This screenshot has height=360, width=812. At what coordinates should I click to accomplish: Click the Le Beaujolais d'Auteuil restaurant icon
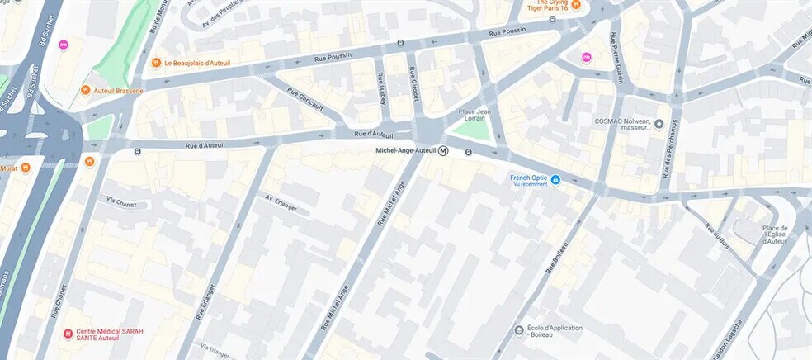(x=155, y=63)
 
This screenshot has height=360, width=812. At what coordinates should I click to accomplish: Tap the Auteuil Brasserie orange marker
(x=85, y=91)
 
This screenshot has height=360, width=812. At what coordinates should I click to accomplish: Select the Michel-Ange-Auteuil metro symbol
(x=444, y=151)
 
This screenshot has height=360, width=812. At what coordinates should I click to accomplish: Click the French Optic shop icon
(x=555, y=179)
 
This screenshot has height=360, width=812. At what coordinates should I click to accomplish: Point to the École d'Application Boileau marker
(x=519, y=329)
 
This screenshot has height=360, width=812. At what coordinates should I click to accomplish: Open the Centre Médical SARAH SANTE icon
(x=68, y=334)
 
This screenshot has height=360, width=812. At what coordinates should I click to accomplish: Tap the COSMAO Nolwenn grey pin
(x=659, y=124)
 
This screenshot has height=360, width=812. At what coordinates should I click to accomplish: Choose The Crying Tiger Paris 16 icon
(x=576, y=5)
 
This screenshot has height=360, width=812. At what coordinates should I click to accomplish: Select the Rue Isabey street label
(x=381, y=89)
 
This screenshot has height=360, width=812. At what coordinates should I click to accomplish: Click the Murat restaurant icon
(x=26, y=168)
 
